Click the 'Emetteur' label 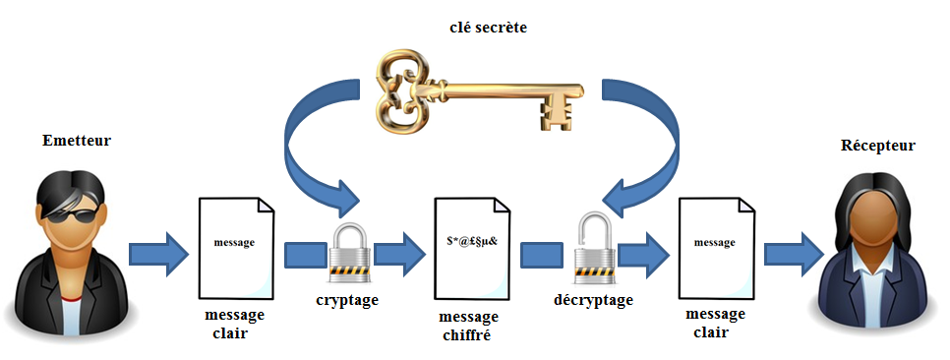(x=77, y=141)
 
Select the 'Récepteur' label (x=877, y=146)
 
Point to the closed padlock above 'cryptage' (x=349, y=253)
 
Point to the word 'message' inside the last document (x=715, y=241)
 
